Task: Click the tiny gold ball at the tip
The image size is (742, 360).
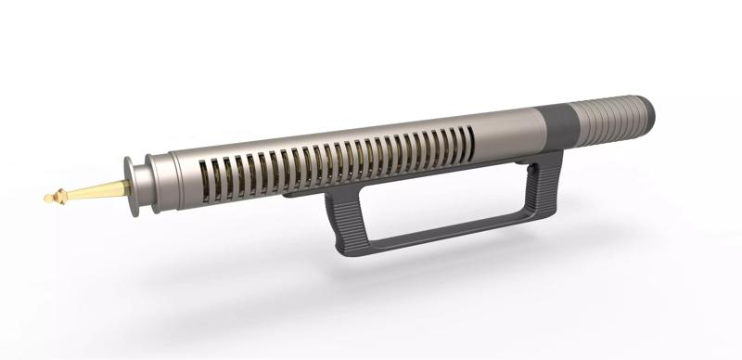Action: tap(47, 198)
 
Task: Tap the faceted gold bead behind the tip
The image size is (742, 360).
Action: tap(60, 196)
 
